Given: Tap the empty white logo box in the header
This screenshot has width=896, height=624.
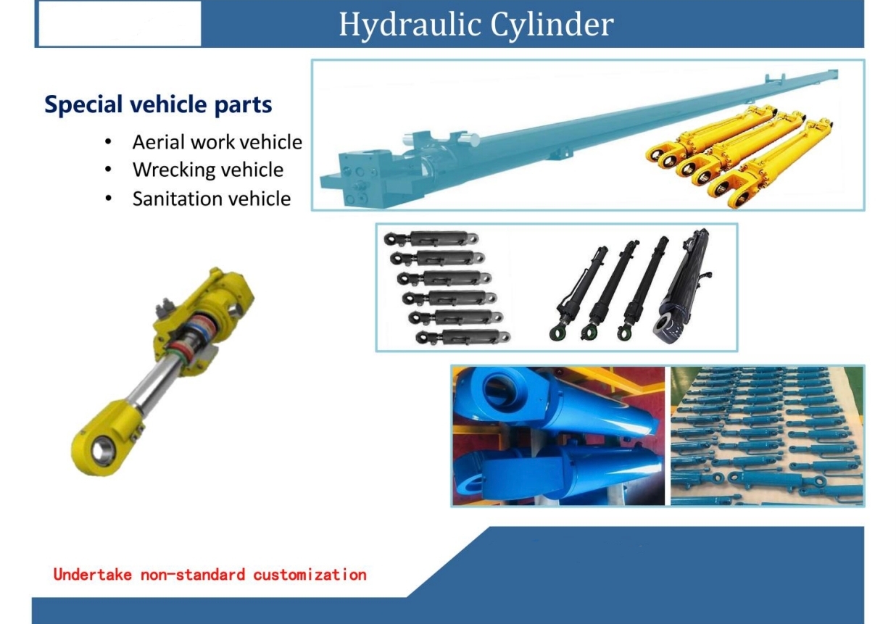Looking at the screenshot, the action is click(x=120, y=24).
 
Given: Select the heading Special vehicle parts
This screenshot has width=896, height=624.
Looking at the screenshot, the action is click(x=158, y=105).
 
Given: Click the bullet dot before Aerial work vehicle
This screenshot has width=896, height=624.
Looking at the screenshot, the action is click(x=108, y=141).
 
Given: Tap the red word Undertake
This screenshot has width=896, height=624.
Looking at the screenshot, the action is click(x=92, y=575).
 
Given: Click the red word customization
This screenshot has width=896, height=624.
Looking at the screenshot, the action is click(x=310, y=575).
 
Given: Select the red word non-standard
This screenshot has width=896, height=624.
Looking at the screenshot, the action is click(x=193, y=575).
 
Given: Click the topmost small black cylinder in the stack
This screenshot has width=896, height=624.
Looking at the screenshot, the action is click(x=431, y=238).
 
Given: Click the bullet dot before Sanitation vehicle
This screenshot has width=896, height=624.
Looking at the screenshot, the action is click(x=108, y=199).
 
